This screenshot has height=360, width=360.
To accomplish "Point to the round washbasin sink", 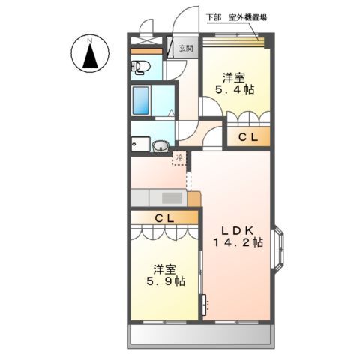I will tap(160, 146).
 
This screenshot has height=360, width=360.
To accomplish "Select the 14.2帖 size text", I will tap(236, 242).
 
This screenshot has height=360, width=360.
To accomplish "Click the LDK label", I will tap(235, 228).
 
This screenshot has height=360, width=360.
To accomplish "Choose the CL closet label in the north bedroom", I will tap(248, 137).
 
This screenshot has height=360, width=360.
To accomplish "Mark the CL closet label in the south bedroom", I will tap(165, 217).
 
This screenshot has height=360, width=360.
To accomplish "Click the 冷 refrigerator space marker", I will tap(180, 158).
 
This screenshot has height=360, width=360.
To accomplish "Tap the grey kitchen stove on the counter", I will tap(169, 198).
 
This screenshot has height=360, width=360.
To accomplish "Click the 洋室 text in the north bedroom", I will tap(235, 76).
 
